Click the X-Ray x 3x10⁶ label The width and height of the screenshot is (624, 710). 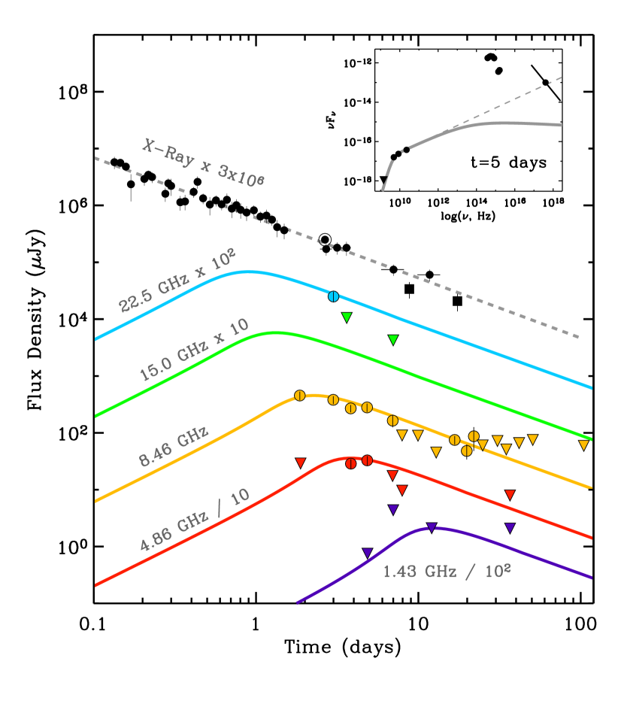coord(203,162)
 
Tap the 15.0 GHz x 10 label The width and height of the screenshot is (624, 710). coord(193,350)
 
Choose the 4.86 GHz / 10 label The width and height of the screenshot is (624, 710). coord(195,520)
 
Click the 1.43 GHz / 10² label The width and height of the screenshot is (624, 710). coord(447,572)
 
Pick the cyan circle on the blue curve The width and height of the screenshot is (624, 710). coord(333,296)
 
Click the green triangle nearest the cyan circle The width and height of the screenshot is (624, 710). coord(347,317)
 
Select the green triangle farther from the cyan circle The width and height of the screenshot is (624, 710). coord(392,340)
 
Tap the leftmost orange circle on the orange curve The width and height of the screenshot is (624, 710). coord(299,396)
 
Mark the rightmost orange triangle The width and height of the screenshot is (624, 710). coord(583,445)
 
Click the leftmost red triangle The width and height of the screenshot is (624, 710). coord(300,463)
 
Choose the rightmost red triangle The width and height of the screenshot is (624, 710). coord(510,495)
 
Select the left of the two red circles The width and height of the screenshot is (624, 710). coord(351,463)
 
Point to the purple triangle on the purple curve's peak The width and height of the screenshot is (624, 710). coord(432,527)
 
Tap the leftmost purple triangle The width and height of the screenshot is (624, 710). coord(367,553)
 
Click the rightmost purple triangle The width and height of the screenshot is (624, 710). coord(510,528)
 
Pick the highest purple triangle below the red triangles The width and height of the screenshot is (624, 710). coord(392,509)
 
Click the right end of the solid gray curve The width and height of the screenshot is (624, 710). coord(561,125)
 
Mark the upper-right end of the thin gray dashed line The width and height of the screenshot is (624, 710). coord(561,77)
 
